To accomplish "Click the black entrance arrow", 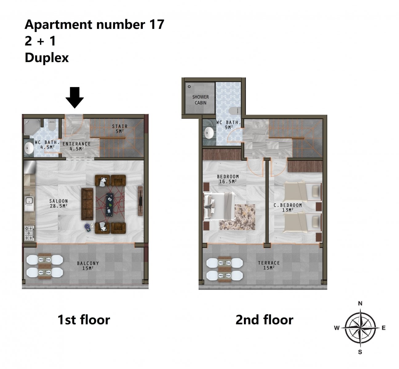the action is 74,97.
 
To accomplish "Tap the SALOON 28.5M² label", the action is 58,203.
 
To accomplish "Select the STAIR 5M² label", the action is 120,129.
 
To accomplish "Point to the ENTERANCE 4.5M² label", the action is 77,146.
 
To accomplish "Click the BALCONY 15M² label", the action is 88,266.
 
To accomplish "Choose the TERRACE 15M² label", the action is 269,265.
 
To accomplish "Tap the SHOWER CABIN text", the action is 201,100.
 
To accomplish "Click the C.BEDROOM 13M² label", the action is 288,208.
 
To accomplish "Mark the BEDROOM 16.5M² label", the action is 228,179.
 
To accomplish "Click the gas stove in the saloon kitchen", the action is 29,233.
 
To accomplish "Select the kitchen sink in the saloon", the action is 29,204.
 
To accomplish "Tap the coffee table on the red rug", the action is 110,204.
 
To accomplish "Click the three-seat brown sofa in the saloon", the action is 87,204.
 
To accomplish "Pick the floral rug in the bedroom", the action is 237,217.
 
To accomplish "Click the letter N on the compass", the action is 360,304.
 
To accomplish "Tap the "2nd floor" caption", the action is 264,320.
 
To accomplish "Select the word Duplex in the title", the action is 47,58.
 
